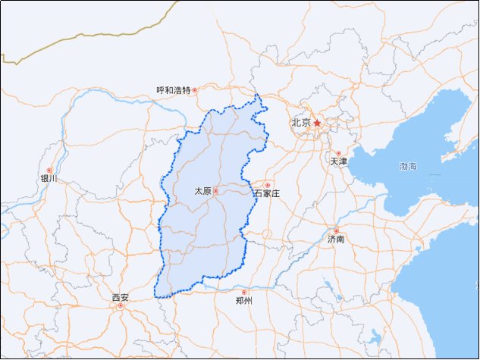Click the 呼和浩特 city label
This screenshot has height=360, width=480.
(173, 90)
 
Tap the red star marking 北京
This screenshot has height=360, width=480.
(318, 123)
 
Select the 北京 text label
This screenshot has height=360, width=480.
(301, 123)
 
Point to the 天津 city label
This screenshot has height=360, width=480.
(338, 162)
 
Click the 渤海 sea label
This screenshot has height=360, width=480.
(408, 165)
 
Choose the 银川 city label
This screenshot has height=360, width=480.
(49, 180)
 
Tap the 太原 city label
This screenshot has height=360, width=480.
(202, 191)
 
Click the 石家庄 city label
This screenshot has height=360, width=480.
(267, 194)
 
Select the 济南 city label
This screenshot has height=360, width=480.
(336, 239)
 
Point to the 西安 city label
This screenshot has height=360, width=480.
(120, 297)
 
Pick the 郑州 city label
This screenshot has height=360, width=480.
(243, 301)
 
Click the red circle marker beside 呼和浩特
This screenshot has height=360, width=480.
(195, 90)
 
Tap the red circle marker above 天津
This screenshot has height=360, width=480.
(338, 153)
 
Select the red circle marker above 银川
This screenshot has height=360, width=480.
(49, 171)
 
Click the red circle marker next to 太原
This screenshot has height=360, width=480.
(215, 191)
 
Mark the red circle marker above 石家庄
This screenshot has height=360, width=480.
(267, 185)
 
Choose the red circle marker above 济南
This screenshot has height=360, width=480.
(336, 230)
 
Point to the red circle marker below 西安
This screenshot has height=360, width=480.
(120, 306)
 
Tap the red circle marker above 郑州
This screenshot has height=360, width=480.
(243, 292)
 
